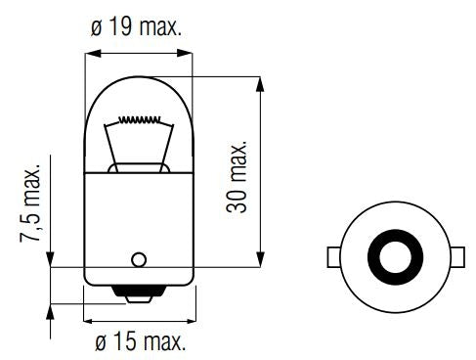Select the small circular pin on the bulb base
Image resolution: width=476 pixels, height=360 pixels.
click(x=138, y=259)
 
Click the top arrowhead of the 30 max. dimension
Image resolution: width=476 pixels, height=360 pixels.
click(x=259, y=80)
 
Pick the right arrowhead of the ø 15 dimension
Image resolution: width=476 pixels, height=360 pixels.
click(x=189, y=317)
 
